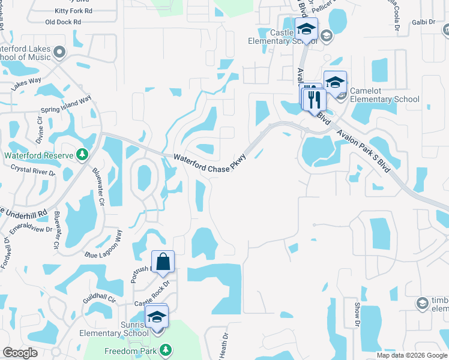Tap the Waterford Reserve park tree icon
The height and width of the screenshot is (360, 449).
coord(82,155)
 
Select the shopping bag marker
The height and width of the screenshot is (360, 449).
coord(163,262)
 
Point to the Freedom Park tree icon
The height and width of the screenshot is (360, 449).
coord(165,350)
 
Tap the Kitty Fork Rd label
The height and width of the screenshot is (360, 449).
coord(74,11)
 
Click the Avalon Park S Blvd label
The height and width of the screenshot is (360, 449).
coord(363,150)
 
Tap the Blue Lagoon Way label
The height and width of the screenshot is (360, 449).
coord(103,246)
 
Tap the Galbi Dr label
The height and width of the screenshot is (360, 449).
coord(424,22)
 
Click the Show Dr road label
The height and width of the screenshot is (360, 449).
coord(357,314)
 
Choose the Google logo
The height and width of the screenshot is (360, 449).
coord(20,353)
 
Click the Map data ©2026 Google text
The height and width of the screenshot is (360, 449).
coord(412,355)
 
